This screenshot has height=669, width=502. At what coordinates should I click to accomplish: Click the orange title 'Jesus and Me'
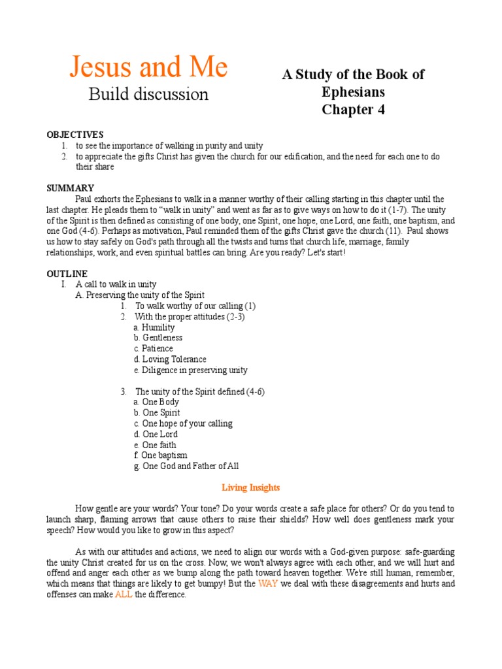coord(148,67)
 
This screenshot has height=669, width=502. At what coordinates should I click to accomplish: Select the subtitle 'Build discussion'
coord(148,94)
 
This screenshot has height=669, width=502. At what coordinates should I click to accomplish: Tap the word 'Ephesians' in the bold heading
coord(353,91)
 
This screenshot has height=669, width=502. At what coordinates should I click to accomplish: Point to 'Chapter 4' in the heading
coord(353,109)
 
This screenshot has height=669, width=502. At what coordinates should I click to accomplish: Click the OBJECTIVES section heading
coord(75,135)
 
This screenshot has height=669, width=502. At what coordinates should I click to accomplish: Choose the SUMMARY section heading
coord(70,188)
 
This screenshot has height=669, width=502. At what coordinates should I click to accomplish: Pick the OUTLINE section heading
coord(67,274)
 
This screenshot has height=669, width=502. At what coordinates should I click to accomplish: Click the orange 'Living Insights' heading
coord(251,487)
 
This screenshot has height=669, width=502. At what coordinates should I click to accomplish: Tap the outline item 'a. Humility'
coord(154,327)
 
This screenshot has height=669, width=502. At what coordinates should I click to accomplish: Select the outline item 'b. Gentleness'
coord(158,338)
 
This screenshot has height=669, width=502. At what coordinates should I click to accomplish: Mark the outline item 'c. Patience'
coord(153,349)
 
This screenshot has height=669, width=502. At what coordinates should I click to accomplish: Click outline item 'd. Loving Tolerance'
coord(169,359)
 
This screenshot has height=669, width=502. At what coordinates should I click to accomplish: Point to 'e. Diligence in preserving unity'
coord(190,370)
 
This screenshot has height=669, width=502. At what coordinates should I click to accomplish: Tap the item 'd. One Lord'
coord(155,434)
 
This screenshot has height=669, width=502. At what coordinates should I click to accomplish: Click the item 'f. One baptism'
coord(160,455)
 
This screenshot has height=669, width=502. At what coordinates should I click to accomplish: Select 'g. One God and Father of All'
coord(186,466)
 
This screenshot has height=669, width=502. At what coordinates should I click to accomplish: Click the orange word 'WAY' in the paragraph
coord(268,584)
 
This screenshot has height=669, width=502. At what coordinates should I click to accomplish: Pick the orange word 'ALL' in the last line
coord(124,595)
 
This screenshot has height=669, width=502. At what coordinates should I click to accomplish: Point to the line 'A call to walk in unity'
coord(116,284)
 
